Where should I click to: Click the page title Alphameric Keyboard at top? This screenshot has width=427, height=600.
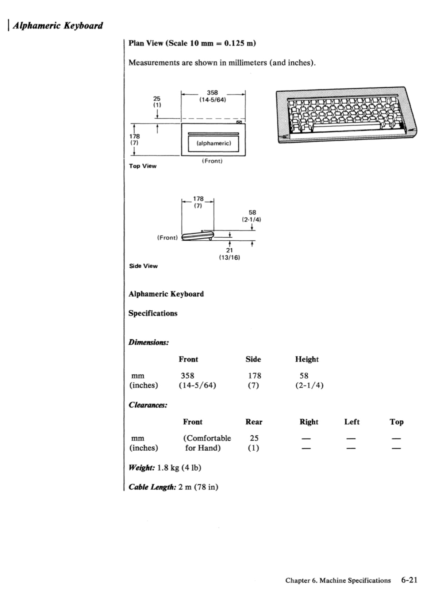tap(58, 26)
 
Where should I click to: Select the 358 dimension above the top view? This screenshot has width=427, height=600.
tap(212, 93)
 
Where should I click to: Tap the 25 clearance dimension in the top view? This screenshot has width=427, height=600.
tap(157, 99)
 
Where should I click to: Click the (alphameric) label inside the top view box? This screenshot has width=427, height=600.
tap(213, 143)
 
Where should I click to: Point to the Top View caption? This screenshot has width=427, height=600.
tap(142, 166)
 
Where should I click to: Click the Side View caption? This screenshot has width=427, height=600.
tap(143, 266)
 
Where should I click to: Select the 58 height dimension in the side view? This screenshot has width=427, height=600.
tap(252, 213)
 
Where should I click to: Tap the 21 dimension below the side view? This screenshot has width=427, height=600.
tap(229, 251)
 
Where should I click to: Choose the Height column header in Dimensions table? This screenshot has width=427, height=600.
tap(307, 359)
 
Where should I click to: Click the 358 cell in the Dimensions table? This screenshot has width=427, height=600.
tap(188, 376)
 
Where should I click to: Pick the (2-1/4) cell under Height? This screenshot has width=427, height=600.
tap(309, 385)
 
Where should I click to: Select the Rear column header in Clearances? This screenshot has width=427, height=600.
tap(254, 422)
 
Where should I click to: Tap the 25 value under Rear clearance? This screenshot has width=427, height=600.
tap(254, 438)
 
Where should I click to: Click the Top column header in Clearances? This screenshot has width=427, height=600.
tap(396, 422)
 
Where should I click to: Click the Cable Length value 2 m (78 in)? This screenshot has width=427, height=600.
tap(198, 487)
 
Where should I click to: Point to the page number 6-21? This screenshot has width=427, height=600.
tap(409, 580)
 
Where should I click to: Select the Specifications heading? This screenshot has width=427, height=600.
tap(153, 313)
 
